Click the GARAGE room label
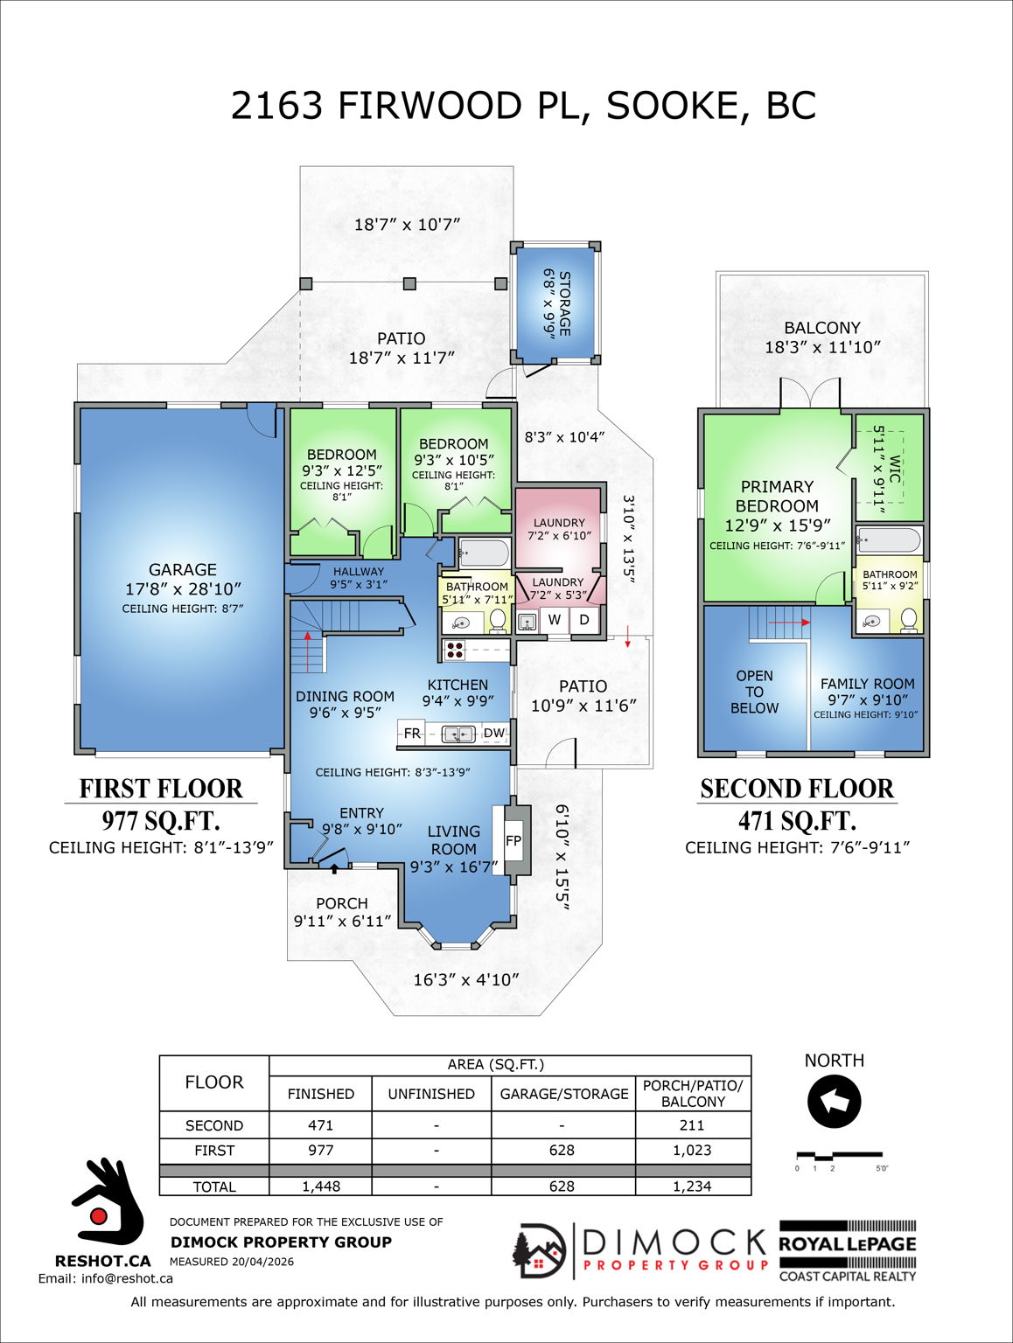pyautogui.click(x=182, y=570)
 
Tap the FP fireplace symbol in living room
pyautogui.click(x=513, y=841)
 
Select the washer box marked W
pyautogui.click(x=555, y=620)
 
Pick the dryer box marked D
pyautogui.click(x=584, y=620)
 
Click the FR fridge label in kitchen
pyautogui.click(x=412, y=734)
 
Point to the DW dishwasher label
pyautogui.click(x=494, y=734)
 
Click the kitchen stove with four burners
pyautogui.click(x=455, y=650)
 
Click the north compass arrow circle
pyautogui.click(x=834, y=1102)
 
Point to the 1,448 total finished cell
pyautogui.click(x=321, y=1186)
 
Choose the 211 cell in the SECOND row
pyautogui.click(x=692, y=1125)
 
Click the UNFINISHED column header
pyautogui.click(x=431, y=1094)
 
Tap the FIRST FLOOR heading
pyautogui.click(x=161, y=789)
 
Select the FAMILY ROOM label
pyautogui.click(x=867, y=684)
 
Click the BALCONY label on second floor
pyautogui.click(x=822, y=328)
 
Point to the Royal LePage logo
pyautogui.click(x=848, y=1251)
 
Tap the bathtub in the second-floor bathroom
pyautogui.click(x=889, y=539)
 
